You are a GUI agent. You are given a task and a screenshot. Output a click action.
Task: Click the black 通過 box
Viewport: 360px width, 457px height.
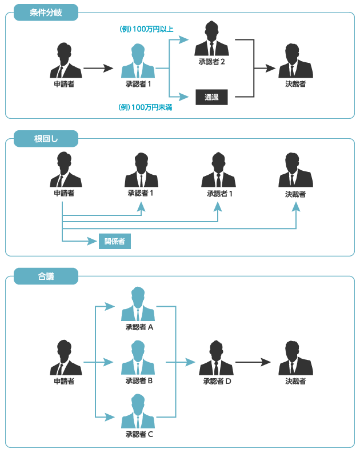(211, 97)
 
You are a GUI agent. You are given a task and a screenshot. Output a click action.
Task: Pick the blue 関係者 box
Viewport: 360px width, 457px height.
(114, 241)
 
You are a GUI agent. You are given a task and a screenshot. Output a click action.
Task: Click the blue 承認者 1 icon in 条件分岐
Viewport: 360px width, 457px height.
(138, 60)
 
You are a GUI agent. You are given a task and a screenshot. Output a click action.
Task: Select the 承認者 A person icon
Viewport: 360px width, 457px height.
(138, 304)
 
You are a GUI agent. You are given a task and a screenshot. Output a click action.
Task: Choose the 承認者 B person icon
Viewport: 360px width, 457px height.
(138, 358)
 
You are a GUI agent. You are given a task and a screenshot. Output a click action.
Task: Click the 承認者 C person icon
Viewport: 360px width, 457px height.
(138, 411)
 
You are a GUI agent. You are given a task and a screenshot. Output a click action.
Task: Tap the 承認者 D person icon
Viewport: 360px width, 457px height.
(216, 358)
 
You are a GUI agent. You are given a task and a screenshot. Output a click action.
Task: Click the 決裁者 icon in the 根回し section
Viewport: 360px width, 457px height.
(295, 170)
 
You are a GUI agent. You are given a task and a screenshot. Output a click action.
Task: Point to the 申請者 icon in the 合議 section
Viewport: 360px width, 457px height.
(64, 358)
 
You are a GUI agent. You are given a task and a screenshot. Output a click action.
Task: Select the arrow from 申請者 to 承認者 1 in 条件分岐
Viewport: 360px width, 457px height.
(98, 69)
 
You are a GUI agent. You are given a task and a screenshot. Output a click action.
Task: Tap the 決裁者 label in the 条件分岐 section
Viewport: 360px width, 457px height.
(295, 84)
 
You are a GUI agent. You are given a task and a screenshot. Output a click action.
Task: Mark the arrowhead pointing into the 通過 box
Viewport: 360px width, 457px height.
(186, 97)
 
